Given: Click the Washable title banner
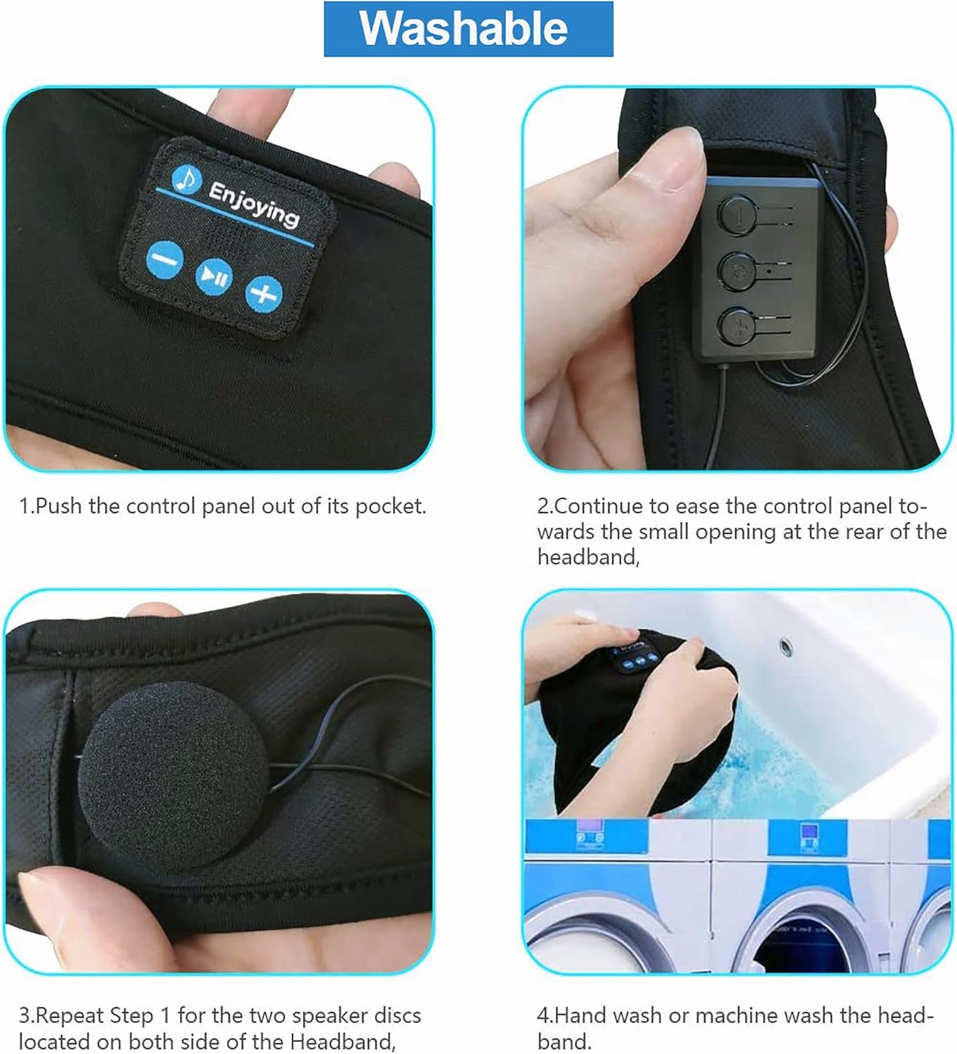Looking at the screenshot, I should (x=468, y=29).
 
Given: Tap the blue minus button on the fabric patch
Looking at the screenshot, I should (x=164, y=260).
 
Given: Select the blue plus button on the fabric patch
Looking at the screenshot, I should (x=263, y=292).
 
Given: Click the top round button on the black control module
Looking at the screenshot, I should (x=736, y=214).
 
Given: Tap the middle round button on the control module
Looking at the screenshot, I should (x=736, y=268).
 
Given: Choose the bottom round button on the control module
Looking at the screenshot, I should (x=736, y=324).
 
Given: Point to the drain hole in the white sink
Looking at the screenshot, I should (x=785, y=644).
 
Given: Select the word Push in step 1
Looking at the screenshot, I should (x=59, y=506).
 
